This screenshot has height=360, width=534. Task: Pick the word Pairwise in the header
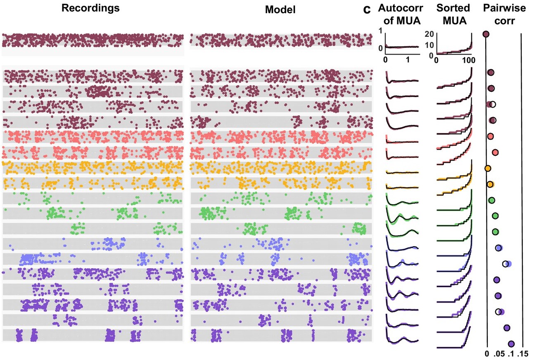503,9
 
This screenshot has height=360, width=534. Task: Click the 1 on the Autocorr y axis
381,30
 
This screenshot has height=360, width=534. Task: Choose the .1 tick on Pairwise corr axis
511,354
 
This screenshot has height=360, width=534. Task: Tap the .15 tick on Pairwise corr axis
524,354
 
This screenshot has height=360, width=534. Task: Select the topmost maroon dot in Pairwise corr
486,34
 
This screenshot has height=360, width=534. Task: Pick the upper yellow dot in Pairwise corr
488,168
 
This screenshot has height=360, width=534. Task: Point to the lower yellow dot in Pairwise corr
490,184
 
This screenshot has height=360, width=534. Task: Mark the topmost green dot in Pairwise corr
492,200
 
